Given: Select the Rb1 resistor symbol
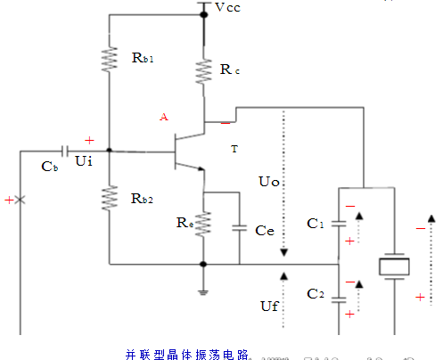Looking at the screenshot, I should [109, 59].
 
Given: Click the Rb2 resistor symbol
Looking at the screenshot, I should [109, 197].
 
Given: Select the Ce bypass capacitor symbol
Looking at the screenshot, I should [240, 228].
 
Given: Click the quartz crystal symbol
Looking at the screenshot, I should [393, 266].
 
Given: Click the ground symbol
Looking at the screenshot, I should [204, 290].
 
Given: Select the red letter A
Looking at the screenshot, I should [162, 118].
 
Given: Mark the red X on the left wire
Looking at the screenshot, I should [21, 200].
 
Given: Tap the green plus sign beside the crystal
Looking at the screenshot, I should [421, 298].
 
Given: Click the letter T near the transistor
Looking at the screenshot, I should [234, 149].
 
